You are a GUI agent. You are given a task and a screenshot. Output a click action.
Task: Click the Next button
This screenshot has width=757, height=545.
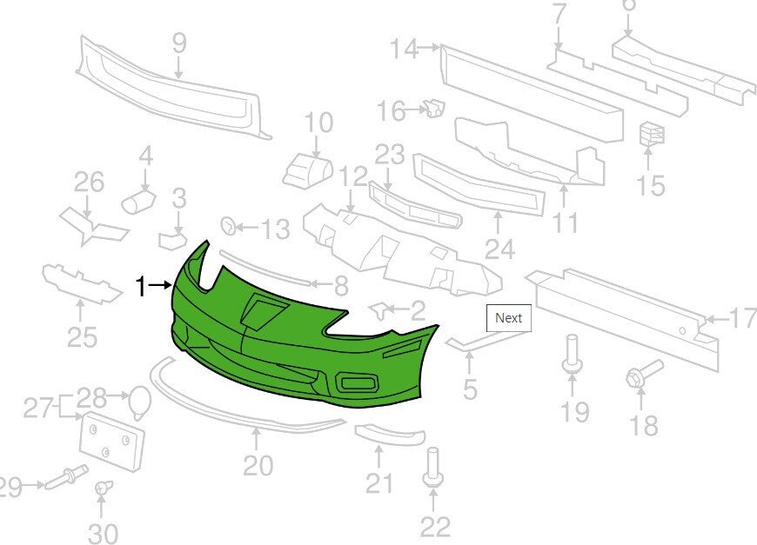508,318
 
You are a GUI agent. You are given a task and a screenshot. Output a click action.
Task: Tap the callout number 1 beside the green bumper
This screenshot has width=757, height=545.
140,287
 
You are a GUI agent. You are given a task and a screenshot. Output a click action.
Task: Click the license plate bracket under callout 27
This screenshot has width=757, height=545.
111,442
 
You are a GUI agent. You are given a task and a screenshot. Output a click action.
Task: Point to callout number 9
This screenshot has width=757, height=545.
179,43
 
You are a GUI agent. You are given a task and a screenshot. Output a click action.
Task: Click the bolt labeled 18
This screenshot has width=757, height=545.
644,375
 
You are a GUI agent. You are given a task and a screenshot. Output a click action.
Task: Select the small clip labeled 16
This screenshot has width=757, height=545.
434,108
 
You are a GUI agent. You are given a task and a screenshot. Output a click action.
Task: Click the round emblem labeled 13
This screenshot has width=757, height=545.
228,226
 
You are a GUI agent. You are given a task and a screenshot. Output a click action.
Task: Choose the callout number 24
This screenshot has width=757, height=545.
499,249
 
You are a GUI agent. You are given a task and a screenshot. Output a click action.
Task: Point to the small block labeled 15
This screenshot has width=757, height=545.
652,133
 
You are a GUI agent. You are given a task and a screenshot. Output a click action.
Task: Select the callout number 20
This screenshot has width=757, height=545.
258,465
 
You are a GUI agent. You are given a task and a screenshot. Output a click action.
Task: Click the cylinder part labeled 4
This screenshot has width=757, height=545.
138,202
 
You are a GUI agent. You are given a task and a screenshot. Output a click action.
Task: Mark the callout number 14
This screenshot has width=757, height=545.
404,49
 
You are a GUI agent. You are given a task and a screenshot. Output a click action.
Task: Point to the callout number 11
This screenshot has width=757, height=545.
565,223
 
